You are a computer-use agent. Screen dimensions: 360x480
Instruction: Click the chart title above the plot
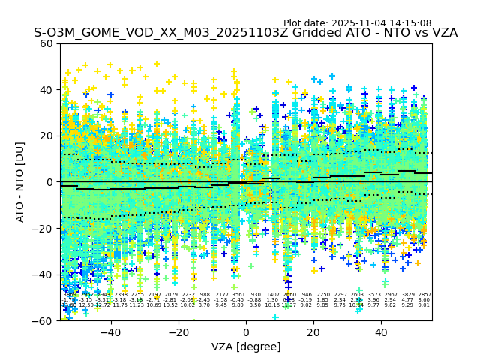click(x=245, y=33)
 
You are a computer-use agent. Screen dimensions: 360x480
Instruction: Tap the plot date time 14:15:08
click(x=411, y=23)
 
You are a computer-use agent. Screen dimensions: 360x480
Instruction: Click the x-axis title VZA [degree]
click(x=245, y=346)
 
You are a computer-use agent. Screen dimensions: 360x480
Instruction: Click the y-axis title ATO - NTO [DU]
click(x=20, y=181)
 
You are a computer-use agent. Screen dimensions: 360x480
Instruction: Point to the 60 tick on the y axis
click(x=46, y=43)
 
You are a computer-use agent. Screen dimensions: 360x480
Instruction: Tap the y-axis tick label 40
click(x=46, y=90)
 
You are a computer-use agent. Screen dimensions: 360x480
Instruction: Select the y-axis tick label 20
click(x=46, y=136)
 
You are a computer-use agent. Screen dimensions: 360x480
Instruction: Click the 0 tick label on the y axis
click(x=49, y=182)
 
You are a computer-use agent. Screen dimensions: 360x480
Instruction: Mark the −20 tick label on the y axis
click(x=43, y=228)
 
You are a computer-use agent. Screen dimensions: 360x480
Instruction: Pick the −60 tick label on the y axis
click(x=43, y=320)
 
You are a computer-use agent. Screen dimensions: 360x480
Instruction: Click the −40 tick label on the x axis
click(x=110, y=331)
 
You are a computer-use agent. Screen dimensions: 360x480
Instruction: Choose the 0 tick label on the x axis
click(x=246, y=331)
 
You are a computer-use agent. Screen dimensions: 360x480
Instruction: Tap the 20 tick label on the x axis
click(x=313, y=331)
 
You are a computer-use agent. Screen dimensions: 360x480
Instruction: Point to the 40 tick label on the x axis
click(x=381, y=331)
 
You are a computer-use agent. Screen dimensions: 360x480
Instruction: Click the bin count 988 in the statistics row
click(x=205, y=295)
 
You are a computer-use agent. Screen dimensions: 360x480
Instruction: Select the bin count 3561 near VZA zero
click(x=238, y=295)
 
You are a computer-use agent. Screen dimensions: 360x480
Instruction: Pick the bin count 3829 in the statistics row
click(x=407, y=295)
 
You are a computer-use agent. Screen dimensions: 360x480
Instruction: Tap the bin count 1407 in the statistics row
click(x=272, y=295)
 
